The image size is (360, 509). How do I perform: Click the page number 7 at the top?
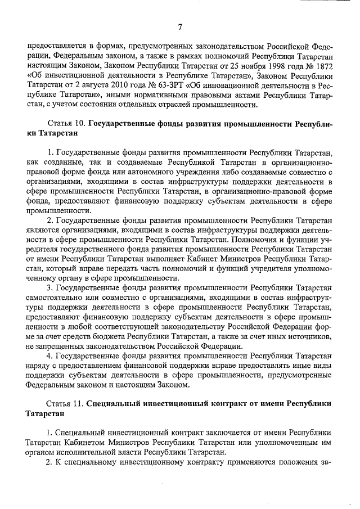[180, 27]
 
